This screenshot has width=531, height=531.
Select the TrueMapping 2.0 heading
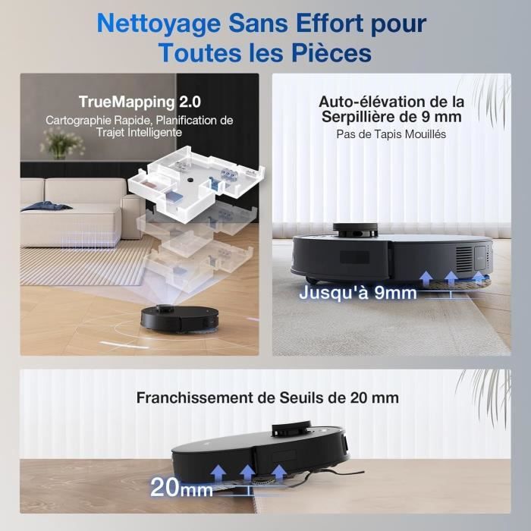pos(140,102)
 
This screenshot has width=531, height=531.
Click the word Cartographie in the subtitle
pos(79,121)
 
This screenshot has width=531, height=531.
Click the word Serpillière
pos(369,117)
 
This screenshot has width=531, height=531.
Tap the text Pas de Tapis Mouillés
pos(391,134)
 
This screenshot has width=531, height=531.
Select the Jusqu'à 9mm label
pos(357,293)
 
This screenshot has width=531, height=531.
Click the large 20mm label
pos(181,488)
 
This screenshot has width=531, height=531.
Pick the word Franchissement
pos(194,398)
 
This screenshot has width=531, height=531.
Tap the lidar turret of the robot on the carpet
pos(355,229)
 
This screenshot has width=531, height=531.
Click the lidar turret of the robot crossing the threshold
pos(291,429)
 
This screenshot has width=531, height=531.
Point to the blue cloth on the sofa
pos(46,206)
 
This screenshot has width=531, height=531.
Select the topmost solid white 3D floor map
pos(195,183)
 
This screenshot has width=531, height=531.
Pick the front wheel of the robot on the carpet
pos(312,280)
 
